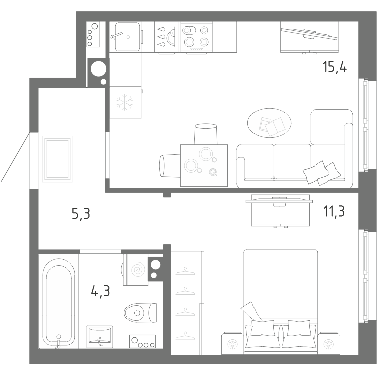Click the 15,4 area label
[335, 67]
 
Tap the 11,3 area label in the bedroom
[334, 211]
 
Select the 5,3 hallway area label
[81, 214]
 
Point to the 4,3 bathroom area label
[100, 291]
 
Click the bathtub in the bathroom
[59, 302]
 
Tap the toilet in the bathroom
[140, 312]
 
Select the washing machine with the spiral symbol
[135, 270]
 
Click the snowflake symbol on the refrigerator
[124, 102]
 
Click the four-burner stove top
[196, 37]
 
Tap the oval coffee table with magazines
[269, 123]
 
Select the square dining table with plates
[204, 165]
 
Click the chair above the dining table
[205, 134]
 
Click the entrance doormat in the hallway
[57, 159]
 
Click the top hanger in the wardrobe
[185, 271]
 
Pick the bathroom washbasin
[100, 336]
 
